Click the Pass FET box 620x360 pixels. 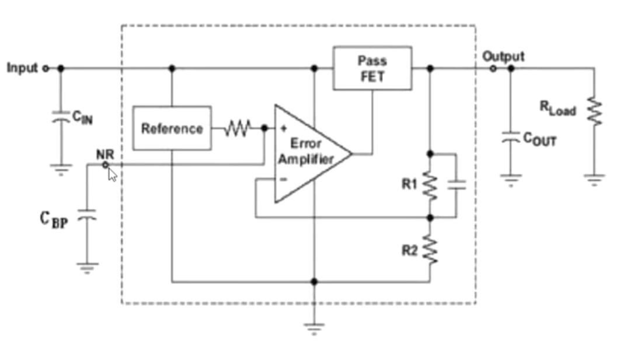372,68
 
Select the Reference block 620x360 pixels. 172,128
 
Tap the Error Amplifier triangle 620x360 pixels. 312,153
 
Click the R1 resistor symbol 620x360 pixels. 430,186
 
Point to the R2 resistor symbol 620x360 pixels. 430,249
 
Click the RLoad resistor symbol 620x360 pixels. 594,111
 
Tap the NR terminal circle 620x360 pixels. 105,165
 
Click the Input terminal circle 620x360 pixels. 46,68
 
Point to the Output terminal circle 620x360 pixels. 493,68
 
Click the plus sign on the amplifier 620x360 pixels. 284,128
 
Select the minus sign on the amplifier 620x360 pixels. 284,179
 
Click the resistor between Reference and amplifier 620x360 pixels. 237,128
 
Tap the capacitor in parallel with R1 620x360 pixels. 457,185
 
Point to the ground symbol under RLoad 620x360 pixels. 594,180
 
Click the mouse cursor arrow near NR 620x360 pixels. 112,174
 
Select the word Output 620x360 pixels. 503,57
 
